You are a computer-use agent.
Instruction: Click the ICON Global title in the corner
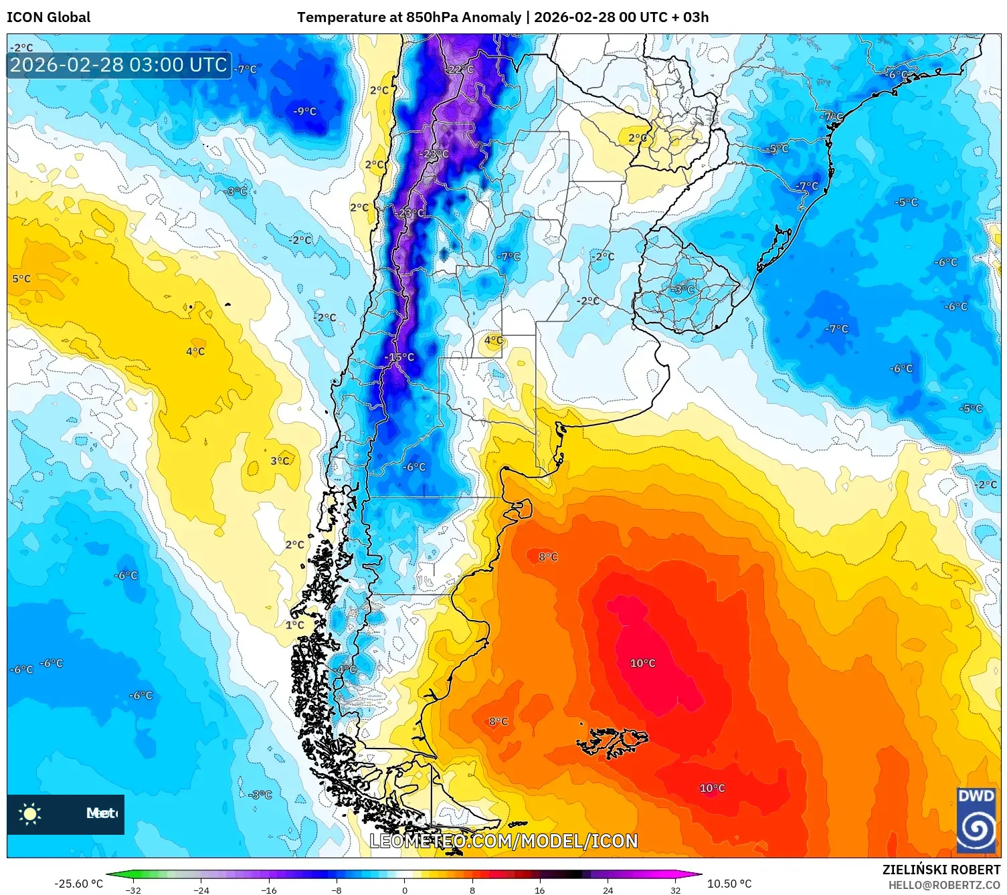pos(49,17)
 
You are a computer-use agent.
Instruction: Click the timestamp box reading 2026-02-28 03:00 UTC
pos(118,65)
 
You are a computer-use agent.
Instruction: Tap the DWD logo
pos(976,820)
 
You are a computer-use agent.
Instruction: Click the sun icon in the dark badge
pos(30,813)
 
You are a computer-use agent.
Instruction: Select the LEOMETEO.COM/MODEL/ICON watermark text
pos(503,841)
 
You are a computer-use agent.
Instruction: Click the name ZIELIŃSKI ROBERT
pos(941,870)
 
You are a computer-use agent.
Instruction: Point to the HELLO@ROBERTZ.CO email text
pos(943,885)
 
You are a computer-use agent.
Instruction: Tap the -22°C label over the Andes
pos(460,70)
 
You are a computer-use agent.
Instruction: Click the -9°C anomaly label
pos(304,112)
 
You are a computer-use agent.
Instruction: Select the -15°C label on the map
pos(400,357)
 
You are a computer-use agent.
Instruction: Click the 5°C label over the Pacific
pos(21,279)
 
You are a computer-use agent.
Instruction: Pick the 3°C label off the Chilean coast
pos(280,461)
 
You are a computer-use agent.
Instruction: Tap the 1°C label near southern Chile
pos(294,625)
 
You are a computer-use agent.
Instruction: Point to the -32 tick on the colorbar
pos(133,890)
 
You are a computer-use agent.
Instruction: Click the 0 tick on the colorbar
pos(404,890)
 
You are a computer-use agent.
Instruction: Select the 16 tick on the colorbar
pos(539,890)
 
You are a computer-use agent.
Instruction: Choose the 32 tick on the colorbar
pos(675,890)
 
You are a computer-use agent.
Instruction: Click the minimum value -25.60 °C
pos(79,884)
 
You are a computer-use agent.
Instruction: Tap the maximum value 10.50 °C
pos(729,884)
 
